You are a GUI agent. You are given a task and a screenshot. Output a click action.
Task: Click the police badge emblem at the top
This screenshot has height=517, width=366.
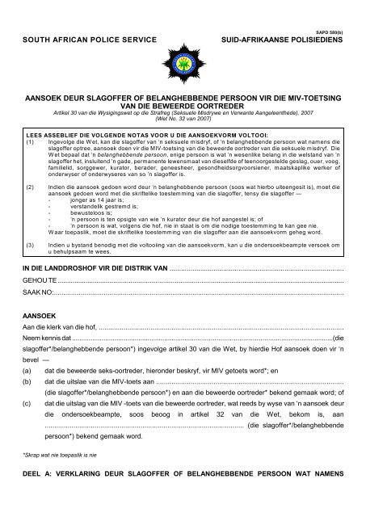[183, 41]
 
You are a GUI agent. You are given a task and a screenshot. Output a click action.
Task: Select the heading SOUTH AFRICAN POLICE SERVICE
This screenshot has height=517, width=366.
[78, 39]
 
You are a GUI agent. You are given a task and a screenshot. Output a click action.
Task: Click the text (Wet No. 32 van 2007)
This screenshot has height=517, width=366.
[183, 117]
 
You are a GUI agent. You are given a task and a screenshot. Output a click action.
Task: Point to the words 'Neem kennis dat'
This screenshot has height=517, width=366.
[46, 385]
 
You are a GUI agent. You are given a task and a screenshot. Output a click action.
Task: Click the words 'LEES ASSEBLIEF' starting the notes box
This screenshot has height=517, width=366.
[52, 136]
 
